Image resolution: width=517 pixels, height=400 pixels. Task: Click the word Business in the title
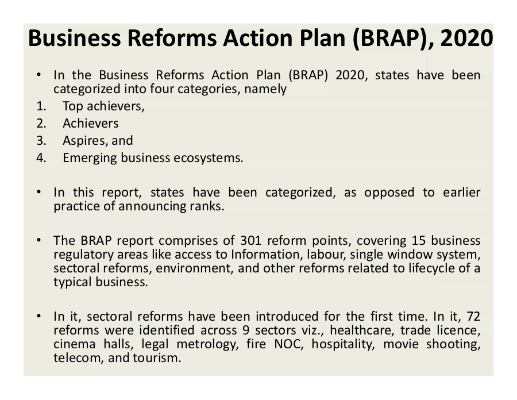pyautogui.click(x=75, y=39)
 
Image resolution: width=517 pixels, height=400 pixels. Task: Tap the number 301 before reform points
pyautogui.click(x=250, y=240)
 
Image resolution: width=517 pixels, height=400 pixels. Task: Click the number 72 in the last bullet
pyautogui.click(x=473, y=316)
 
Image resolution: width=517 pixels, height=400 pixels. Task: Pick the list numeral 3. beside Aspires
pyautogui.click(x=41, y=140)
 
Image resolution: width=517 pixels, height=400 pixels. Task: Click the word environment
pyautogui.click(x=195, y=268)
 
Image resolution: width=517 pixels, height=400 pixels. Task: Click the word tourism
pyautogui.click(x=157, y=358)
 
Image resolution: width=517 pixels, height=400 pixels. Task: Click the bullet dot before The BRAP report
pyautogui.click(x=39, y=240)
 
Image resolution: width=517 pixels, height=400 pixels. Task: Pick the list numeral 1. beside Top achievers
pyautogui.click(x=41, y=106)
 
